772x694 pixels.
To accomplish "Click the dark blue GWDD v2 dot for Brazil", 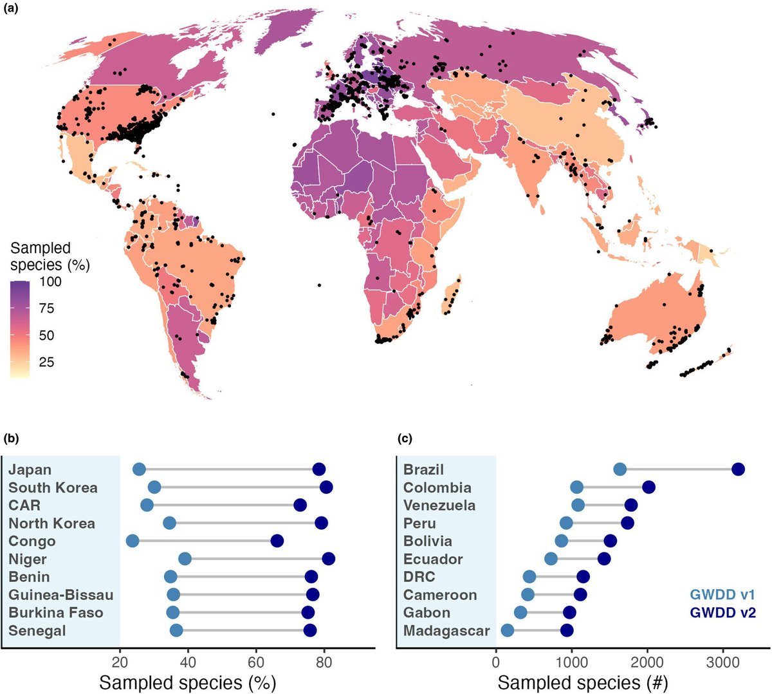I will pos(738,469).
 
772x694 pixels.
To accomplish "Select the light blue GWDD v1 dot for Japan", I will pos(139,469).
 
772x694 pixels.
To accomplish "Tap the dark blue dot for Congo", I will pos(277,541).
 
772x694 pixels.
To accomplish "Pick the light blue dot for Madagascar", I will pos(508,630).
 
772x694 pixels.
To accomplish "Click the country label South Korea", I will pos(53,487).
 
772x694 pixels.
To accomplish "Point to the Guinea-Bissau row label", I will pos(61,594).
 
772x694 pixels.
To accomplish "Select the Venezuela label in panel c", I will pos(439,505).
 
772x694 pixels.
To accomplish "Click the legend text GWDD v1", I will pos(722,594).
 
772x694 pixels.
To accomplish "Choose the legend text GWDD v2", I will pos(722,612).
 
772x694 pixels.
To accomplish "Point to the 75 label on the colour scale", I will pos(47,308).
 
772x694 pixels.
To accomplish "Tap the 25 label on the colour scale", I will pos(47,362).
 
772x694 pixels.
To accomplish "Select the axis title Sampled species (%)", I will pos(187,682).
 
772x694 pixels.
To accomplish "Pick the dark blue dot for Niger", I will pos(328,559).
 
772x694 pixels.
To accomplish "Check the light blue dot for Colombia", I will pos(576,487).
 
